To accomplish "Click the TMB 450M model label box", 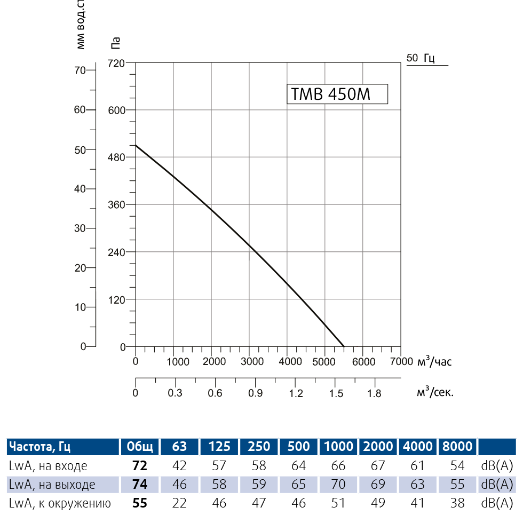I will (x=337, y=94).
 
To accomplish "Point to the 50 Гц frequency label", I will (x=421, y=58).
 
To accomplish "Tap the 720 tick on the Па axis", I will (x=116, y=63).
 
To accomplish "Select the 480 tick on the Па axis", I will (x=116, y=157).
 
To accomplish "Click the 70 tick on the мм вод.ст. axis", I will (x=80, y=70).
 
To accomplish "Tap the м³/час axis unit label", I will (x=434, y=361).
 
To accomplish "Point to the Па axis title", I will (x=115, y=43).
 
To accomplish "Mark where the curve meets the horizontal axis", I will (x=344, y=346).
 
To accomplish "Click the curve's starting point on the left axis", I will (x=136, y=145).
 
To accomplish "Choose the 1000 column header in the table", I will (x=338, y=446).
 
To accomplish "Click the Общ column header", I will (x=140, y=446).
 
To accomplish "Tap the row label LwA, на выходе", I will (x=52, y=485).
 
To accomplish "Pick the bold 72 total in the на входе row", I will (x=140, y=466).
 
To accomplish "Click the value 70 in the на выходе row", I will (x=338, y=485).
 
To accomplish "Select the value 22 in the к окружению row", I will (x=180, y=503).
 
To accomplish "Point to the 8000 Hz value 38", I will (x=457, y=503).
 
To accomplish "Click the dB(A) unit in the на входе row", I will (x=497, y=466).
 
